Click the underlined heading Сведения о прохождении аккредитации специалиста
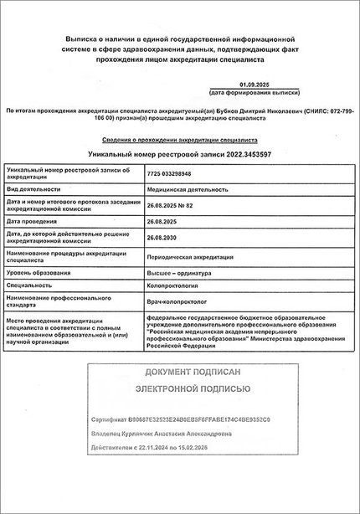click(180, 140)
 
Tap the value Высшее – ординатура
click(179, 273)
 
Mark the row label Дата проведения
click(35, 222)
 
